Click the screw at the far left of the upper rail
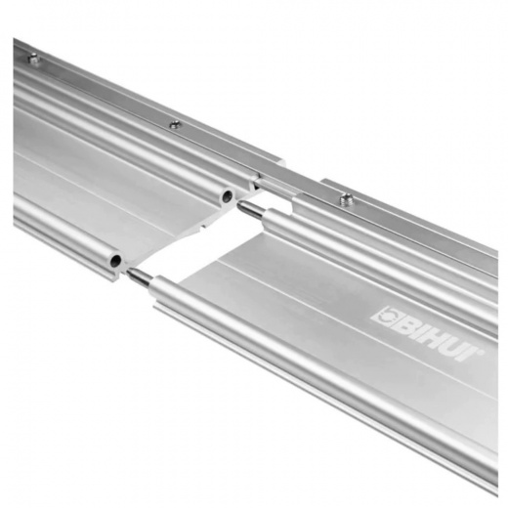33,60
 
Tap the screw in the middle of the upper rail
176,124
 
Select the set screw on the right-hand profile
347,197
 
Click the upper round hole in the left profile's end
227,196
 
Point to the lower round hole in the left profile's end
115,260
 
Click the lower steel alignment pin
140,275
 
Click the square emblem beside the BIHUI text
386,315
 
